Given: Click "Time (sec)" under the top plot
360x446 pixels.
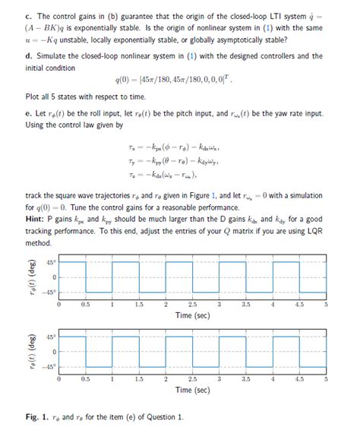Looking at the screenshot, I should coord(191,315).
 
